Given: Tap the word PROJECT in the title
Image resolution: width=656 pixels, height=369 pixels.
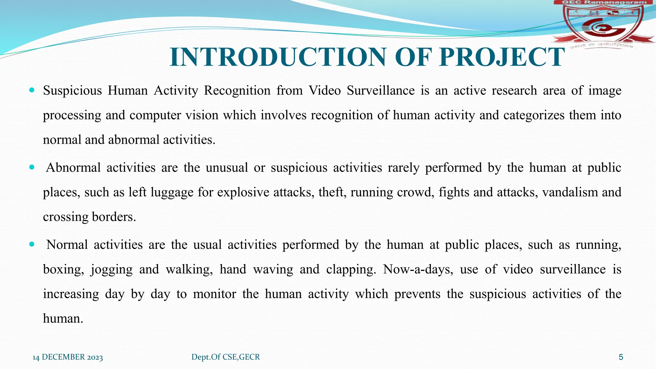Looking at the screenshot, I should [x=502, y=57].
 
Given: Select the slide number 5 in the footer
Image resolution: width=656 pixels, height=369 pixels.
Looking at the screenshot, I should [x=621, y=357].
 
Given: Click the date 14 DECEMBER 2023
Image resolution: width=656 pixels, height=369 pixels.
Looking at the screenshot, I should [x=68, y=357].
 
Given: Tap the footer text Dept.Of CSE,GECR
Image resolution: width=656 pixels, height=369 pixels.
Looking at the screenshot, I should [x=225, y=357].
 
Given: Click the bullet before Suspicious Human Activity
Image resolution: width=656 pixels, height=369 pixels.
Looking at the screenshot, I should [x=31, y=90].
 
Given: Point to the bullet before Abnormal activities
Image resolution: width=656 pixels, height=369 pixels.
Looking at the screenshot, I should [x=31, y=167].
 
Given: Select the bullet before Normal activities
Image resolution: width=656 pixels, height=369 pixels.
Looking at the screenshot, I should [x=31, y=244].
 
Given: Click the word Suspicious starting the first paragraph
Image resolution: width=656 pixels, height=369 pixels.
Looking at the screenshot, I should [x=72, y=91].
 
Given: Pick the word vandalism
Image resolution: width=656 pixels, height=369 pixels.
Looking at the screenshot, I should [x=570, y=192].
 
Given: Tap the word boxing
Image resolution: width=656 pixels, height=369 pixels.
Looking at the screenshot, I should [x=63, y=270].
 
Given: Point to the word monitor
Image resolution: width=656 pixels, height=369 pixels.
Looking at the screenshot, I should [x=215, y=294].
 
